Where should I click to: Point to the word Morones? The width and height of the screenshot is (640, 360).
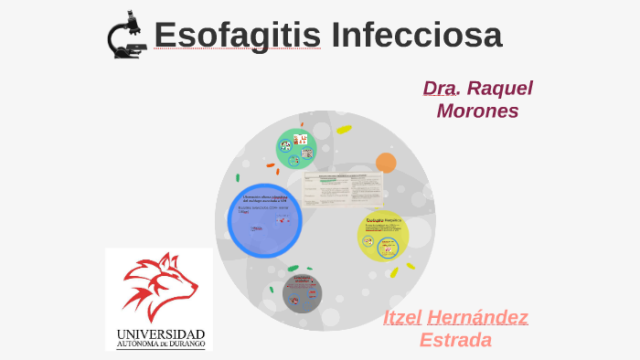click(x=477, y=111)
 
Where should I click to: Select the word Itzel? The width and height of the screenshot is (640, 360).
click(x=402, y=318)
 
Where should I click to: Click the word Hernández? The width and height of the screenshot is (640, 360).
click(x=477, y=318)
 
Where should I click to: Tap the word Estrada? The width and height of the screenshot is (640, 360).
click(x=455, y=340)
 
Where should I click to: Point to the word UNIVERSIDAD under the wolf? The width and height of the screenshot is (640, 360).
click(x=160, y=334)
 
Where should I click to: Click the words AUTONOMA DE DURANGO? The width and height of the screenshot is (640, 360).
click(x=160, y=344)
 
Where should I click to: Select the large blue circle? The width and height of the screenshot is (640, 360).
click(x=264, y=220)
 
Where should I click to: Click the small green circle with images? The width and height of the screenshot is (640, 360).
click(x=296, y=149)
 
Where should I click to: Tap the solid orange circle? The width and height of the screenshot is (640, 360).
click(x=386, y=164)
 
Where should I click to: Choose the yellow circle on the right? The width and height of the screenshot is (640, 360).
click(x=382, y=236)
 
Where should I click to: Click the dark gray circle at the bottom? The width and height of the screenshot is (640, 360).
click(x=302, y=292)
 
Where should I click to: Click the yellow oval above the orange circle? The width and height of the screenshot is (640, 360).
click(x=344, y=130)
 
